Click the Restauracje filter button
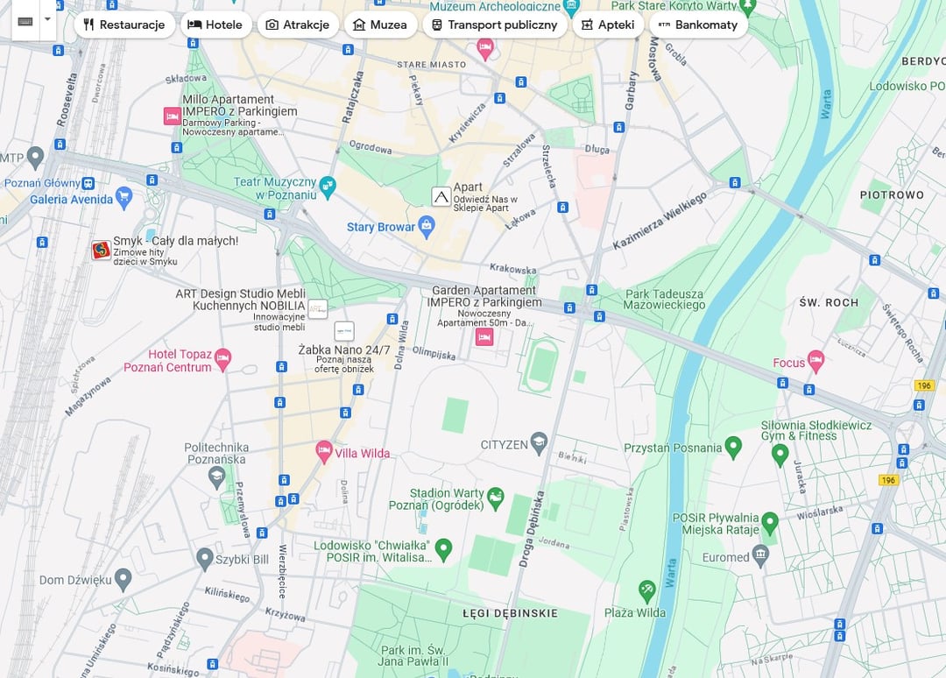click(x=124, y=25)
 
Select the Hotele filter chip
click(x=215, y=25)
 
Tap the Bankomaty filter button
click(x=698, y=25)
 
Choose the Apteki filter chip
click(x=608, y=25)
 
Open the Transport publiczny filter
click(x=494, y=25)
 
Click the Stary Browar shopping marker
click(x=427, y=227)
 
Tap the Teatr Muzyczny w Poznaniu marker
click(x=328, y=186)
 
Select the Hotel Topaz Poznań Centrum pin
click(x=223, y=357)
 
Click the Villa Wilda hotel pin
click(x=324, y=452)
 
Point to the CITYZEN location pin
click(x=540, y=443)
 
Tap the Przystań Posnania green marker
click(x=733, y=448)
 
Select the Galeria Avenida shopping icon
click(x=124, y=195)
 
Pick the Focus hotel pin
click(x=815, y=359)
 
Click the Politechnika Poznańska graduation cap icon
click(x=216, y=477)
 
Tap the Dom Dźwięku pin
click(x=123, y=578)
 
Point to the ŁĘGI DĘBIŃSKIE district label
click(x=509, y=613)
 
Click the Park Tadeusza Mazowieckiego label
click(x=664, y=300)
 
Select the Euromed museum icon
click(x=760, y=554)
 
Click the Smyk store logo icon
click(x=102, y=251)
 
